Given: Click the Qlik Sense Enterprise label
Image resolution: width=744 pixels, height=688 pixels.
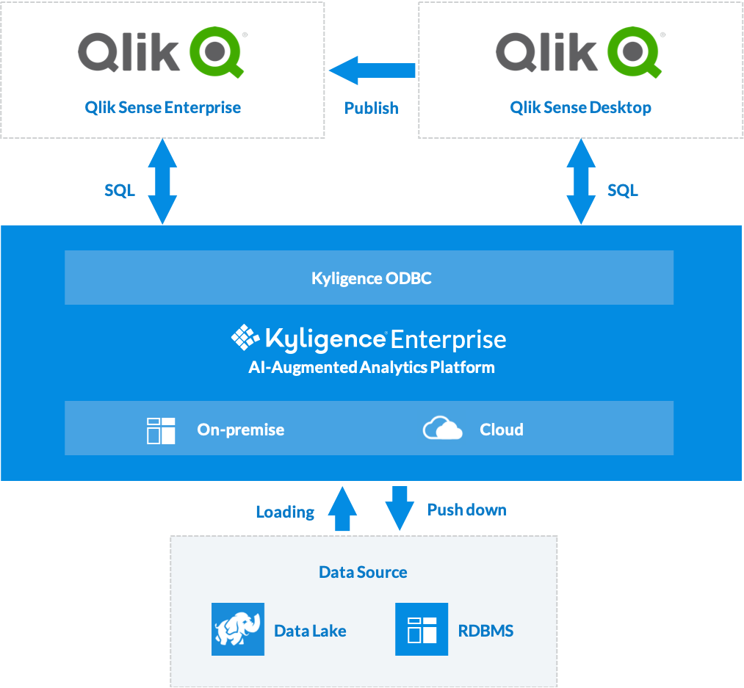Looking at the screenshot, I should pyautogui.click(x=162, y=107).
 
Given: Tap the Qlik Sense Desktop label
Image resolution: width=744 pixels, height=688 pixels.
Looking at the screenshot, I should pyautogui.click(x=580, y=107).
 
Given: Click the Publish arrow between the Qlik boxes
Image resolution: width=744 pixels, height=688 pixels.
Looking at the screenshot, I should pyautogui.click(x=372, y=70).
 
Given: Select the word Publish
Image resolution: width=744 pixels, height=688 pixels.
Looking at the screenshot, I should pyautogui.click(x=372, y=108).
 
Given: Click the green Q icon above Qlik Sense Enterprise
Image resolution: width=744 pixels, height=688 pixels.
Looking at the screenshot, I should pyautogui.click(x=216, y=52).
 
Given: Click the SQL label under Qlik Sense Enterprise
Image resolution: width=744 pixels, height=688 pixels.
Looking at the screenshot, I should pyautogui.click(x=120, y=190).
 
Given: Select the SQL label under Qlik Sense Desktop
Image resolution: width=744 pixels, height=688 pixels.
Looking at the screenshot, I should pyautogui.click(x=622, y=190).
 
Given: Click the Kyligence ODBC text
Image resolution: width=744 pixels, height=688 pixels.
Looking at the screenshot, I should pyautogui.click(x=371, y=278).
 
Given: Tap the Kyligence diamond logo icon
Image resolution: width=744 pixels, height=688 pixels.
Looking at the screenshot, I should pyautogui.click(x=245, y=338).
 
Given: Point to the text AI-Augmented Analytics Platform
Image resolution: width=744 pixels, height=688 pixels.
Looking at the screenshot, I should pyautogui.click(x=371, y=367).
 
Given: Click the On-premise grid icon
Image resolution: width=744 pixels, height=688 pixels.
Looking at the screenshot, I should pyautogui.click(x=161, y=430).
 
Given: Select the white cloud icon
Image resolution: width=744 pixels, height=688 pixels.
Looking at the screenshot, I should pyautogui.click(x=443, y=428).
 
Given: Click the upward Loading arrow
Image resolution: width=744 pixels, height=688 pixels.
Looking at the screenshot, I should pyautogui.click(x=342, y=508).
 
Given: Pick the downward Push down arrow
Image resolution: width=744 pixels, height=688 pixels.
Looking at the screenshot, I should pyautogui.click(x=400, y=508).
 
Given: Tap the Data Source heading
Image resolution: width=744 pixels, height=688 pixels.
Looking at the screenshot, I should pyautogui.click(x=363, y=572).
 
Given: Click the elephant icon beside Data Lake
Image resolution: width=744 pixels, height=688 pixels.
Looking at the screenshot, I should pyautogui.click(x=237, y=629).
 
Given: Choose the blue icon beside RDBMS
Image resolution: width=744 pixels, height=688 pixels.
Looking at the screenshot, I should pyautogui.click(x=422, y=629).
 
